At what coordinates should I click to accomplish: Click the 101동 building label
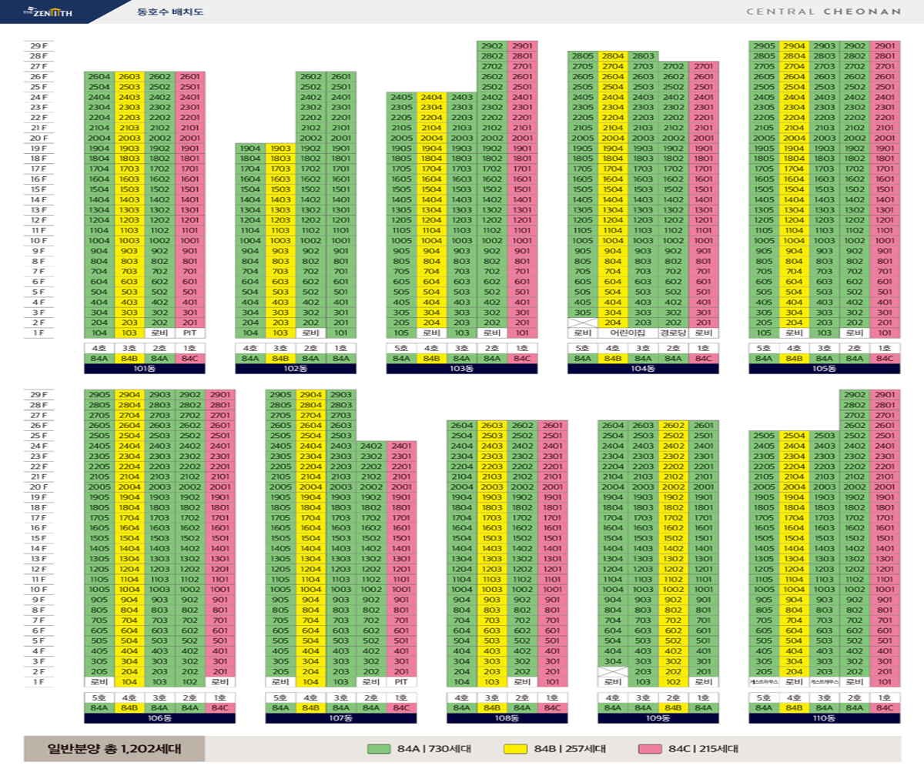(144, 369)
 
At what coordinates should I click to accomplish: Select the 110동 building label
(824, 717)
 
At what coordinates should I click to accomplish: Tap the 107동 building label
(340, 717)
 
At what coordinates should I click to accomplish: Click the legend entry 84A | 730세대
(420, 748)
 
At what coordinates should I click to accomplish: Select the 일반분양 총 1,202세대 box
(114, 748)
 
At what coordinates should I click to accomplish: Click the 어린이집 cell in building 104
(628, 333)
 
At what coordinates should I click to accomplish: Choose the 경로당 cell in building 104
(673, 333)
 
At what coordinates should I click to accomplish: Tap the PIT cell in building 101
(189, 333)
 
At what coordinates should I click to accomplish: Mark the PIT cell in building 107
(400, 681)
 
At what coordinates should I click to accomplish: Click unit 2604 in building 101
(99, 77)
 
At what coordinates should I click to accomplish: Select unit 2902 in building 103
(492, 46)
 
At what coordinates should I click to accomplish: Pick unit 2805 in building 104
(583, 56)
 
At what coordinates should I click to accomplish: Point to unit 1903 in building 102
(280, 149)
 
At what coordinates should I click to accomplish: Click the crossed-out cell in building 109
(613, 671)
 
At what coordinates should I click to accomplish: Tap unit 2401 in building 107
(400, 446)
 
